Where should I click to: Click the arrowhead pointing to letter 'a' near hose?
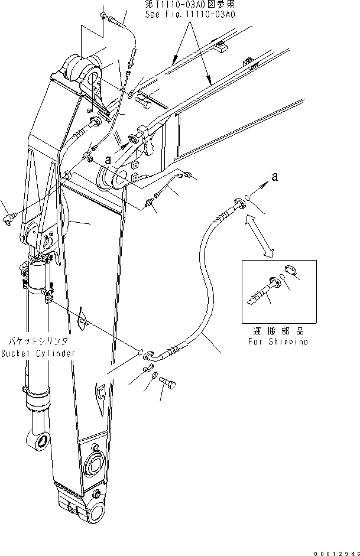point(261,186)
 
